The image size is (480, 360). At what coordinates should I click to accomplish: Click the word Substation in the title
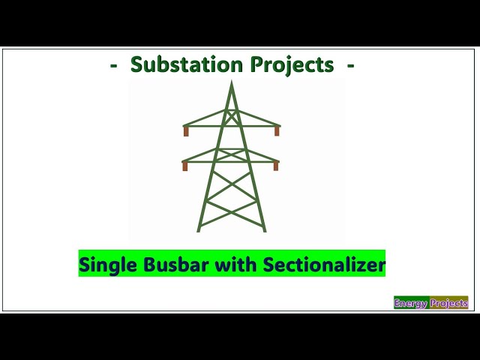coord(180,65)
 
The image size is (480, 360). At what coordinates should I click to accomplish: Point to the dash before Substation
coord(113,65)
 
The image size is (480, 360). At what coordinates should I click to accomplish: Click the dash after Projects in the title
coord(351,65)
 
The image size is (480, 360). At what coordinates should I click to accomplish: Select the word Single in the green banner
coord(104,265)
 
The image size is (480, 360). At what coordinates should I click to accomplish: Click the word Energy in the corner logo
coord(412,304)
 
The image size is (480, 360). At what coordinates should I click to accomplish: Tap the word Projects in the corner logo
coord(449,304)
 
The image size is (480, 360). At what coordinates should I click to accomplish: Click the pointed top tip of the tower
coord(232,82)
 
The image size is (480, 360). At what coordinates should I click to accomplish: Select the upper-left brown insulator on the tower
coord(186,131)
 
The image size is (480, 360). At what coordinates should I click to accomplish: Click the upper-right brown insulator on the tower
coord(277,131)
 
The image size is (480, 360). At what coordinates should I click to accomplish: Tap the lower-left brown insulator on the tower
coord(185,166)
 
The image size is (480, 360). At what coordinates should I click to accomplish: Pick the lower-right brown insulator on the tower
coord(276,166)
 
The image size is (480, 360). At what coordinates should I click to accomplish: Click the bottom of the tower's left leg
coord(199,229)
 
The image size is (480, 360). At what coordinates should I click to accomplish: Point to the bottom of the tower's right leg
coord(264,229)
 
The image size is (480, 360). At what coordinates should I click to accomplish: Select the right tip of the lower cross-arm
coord(278,160)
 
